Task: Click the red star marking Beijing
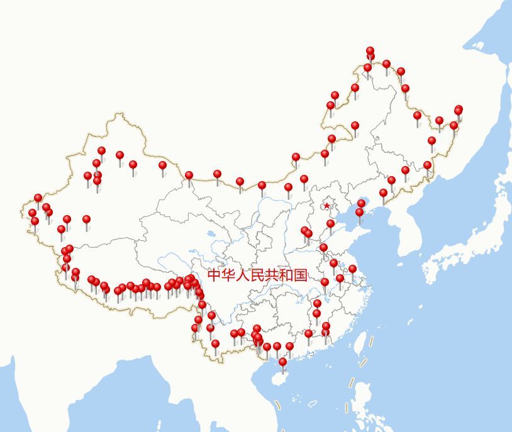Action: pyautogui.click(x=326, y=206)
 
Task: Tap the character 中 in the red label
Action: pyautogui.click(x=214, y=275)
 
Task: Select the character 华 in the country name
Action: pyautogui.click(x=228, y=275)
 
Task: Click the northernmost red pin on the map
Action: pyautogui.click(x=370, y=51)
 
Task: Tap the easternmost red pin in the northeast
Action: pyautogui.click(x=459, y=109)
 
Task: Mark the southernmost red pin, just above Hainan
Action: pyautogui.click(x=283, y=362)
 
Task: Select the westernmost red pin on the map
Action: pyautogui.click(x=32, y=213)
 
